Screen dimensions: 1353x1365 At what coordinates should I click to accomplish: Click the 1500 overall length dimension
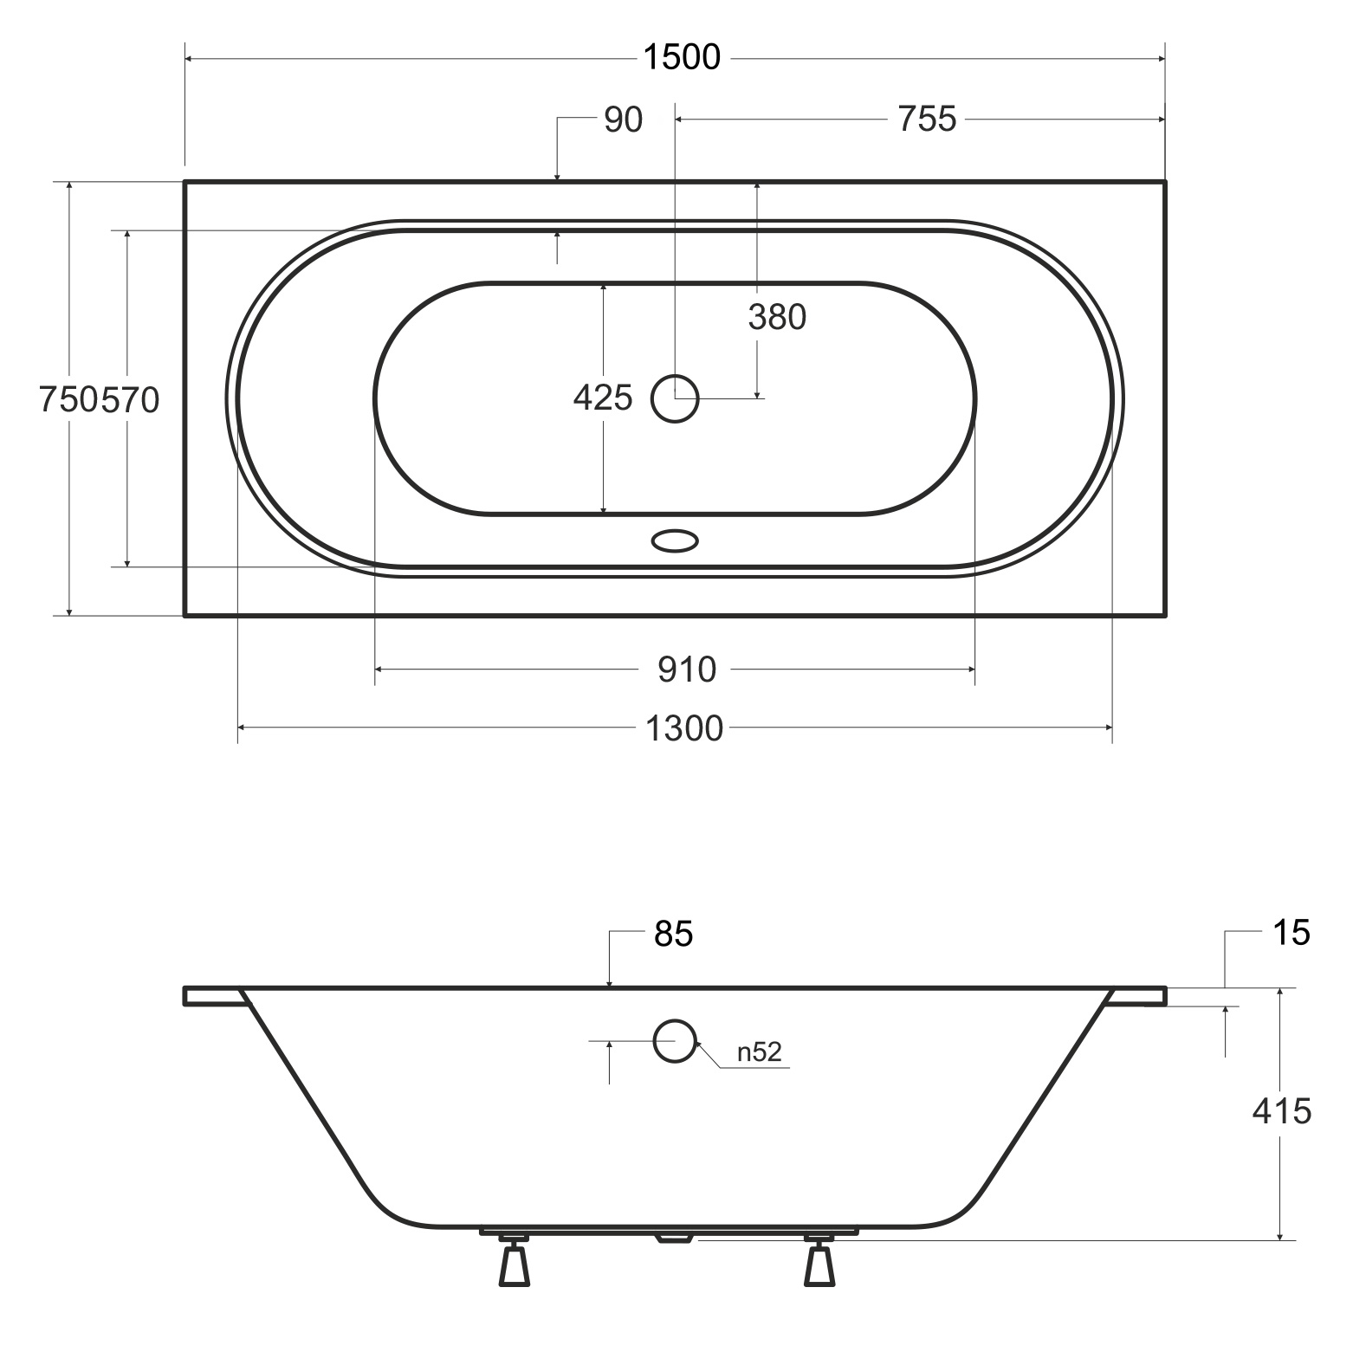pyautogui.click(x=682, y=57)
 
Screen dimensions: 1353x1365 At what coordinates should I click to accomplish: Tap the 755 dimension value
pyautogui.click(x=927, y=120)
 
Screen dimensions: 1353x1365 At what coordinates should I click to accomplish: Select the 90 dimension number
pyautogui.click(x=624, y=120)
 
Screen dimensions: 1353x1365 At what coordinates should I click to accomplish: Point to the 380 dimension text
pyautogui.click(x=777, y=318)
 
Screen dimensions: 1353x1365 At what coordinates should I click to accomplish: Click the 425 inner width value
pyautogui.click(x=603, y=398)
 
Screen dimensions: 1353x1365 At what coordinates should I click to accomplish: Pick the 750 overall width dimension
pyautogui.click(x=68, y=400)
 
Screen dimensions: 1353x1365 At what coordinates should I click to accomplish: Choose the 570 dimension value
pyautogui.click(x=130, y=400)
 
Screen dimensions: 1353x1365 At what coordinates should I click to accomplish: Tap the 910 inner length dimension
pyautogui.click(x=687, y=670)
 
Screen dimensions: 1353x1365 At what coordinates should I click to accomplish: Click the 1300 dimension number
pyautogui.click(x=684, y=729)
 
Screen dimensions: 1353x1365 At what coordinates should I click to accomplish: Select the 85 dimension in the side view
pyautogui.click(x=674, y=934)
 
